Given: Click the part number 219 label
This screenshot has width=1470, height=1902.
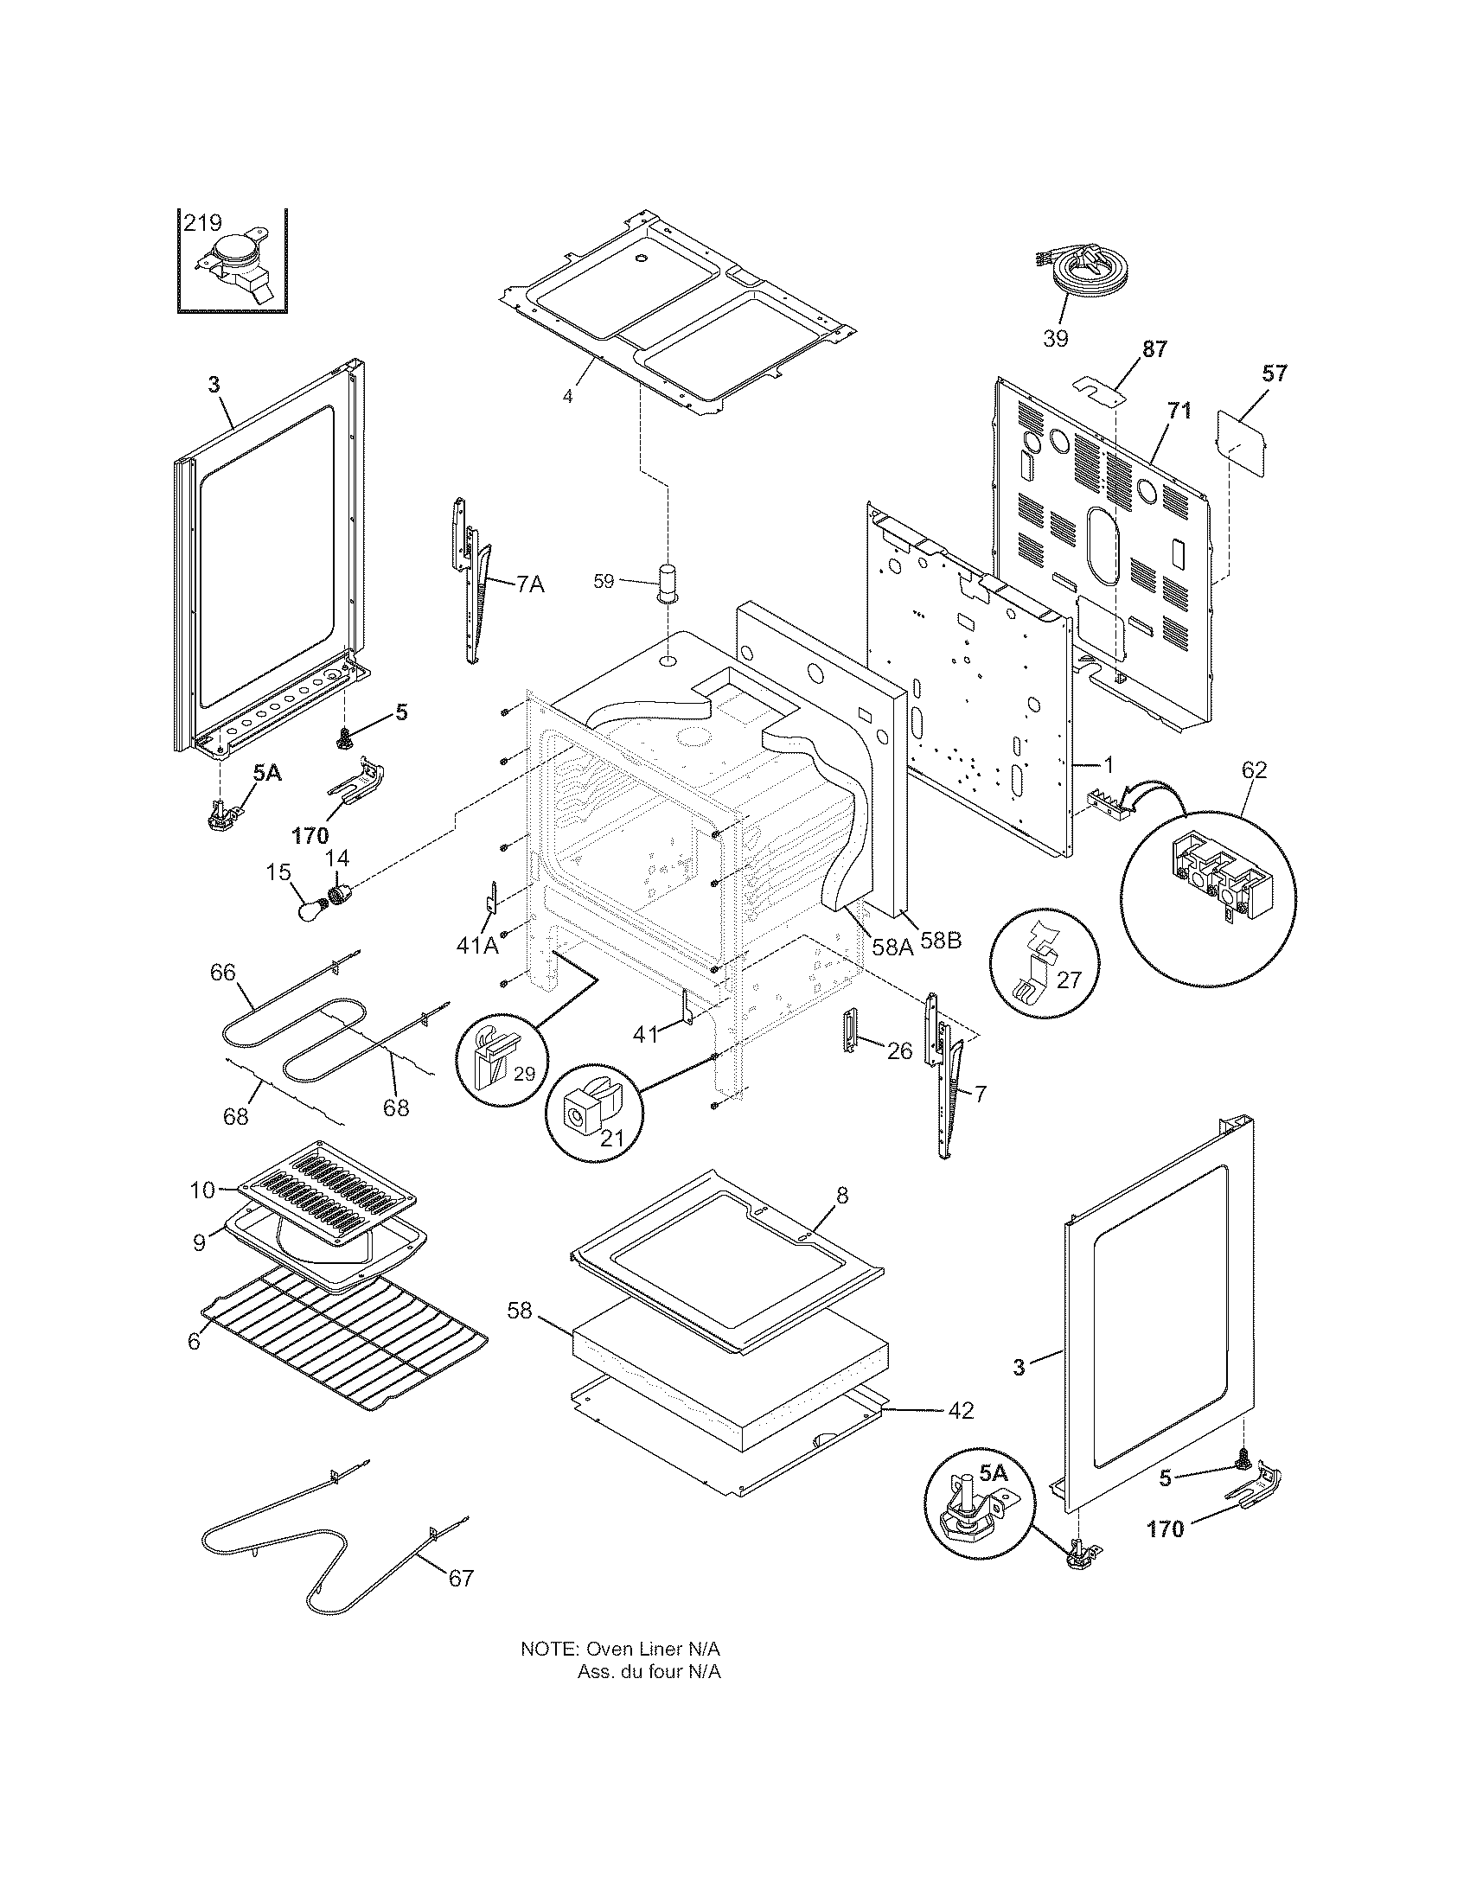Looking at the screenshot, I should [202, 223].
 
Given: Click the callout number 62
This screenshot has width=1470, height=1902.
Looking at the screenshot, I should [1254, 769].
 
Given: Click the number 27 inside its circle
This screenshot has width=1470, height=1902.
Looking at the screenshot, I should [1068, 980].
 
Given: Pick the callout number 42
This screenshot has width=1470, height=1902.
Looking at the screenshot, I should [961, 1410].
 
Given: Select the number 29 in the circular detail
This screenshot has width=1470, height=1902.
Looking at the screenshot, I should [523, 1074].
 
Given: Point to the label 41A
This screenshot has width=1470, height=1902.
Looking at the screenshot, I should [477, 945].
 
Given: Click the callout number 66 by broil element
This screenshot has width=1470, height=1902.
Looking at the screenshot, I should [223, 973].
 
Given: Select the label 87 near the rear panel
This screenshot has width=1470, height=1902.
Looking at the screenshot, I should [1154, 350].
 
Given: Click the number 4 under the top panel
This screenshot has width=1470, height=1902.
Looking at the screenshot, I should [567, 397].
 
